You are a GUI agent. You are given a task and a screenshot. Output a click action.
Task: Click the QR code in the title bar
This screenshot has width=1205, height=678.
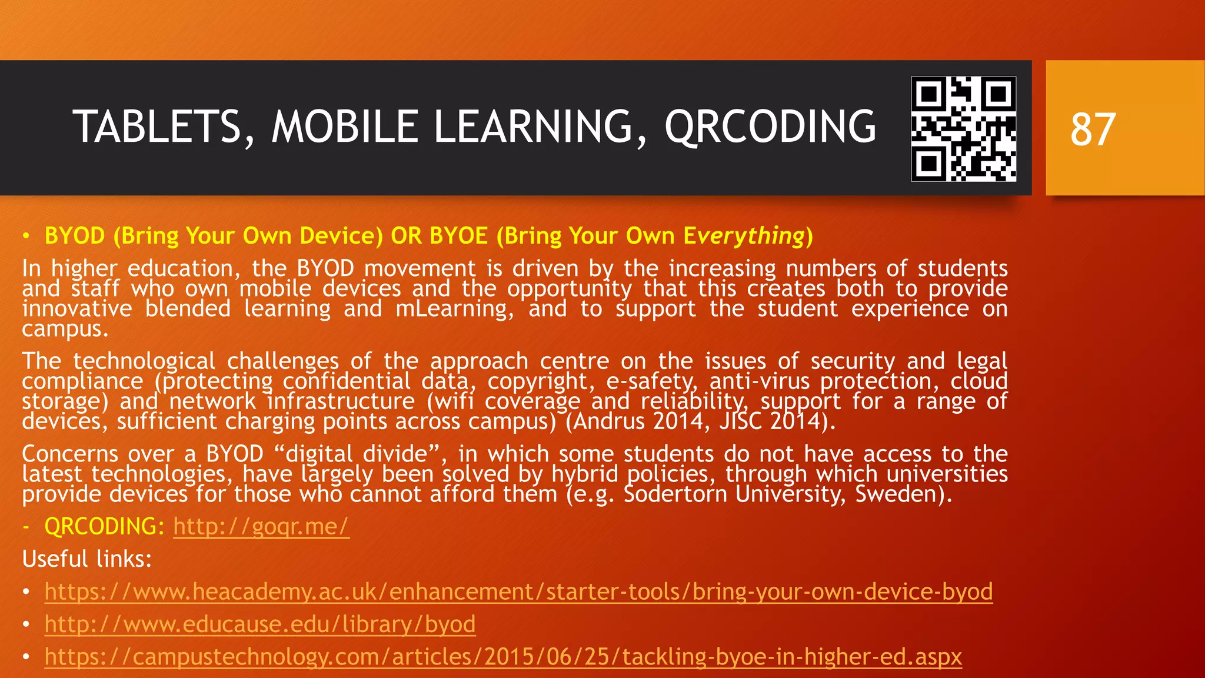[963, 129]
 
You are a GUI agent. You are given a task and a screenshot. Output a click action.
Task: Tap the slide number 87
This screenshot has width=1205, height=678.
[1093, 129]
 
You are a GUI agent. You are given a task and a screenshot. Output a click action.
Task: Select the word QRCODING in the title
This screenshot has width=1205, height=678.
[770, 127]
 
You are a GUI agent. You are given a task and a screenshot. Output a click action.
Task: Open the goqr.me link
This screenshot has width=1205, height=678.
[261, 526]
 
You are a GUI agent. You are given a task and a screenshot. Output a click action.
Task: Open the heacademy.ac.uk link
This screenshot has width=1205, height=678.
[518, 591]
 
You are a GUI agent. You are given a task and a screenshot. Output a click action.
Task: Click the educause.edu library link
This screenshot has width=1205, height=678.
[260, 624]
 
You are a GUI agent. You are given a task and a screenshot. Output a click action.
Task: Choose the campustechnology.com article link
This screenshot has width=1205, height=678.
[503, 656]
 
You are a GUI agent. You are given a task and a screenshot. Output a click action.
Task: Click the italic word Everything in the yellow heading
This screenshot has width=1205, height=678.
[744, 236]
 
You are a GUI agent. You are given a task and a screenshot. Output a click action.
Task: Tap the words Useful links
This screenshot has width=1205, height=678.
[87, 559]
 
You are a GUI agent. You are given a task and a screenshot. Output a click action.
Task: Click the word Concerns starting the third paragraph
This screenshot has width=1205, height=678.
[69, 454]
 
